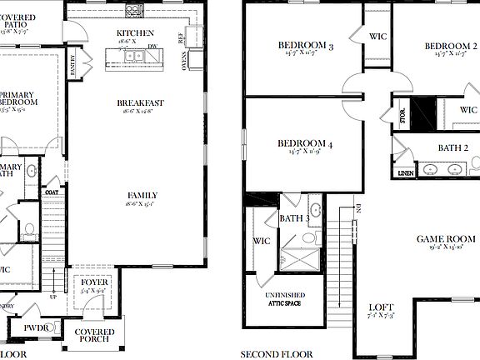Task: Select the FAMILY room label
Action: click(142, 196)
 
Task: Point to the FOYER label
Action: click(94, 283)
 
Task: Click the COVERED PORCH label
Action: click(94, 337)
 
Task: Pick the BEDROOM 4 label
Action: click(305, 144)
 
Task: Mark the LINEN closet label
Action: click(406, 172)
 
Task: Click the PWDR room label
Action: click(36, 328)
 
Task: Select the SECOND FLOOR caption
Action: click(277, 354)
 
